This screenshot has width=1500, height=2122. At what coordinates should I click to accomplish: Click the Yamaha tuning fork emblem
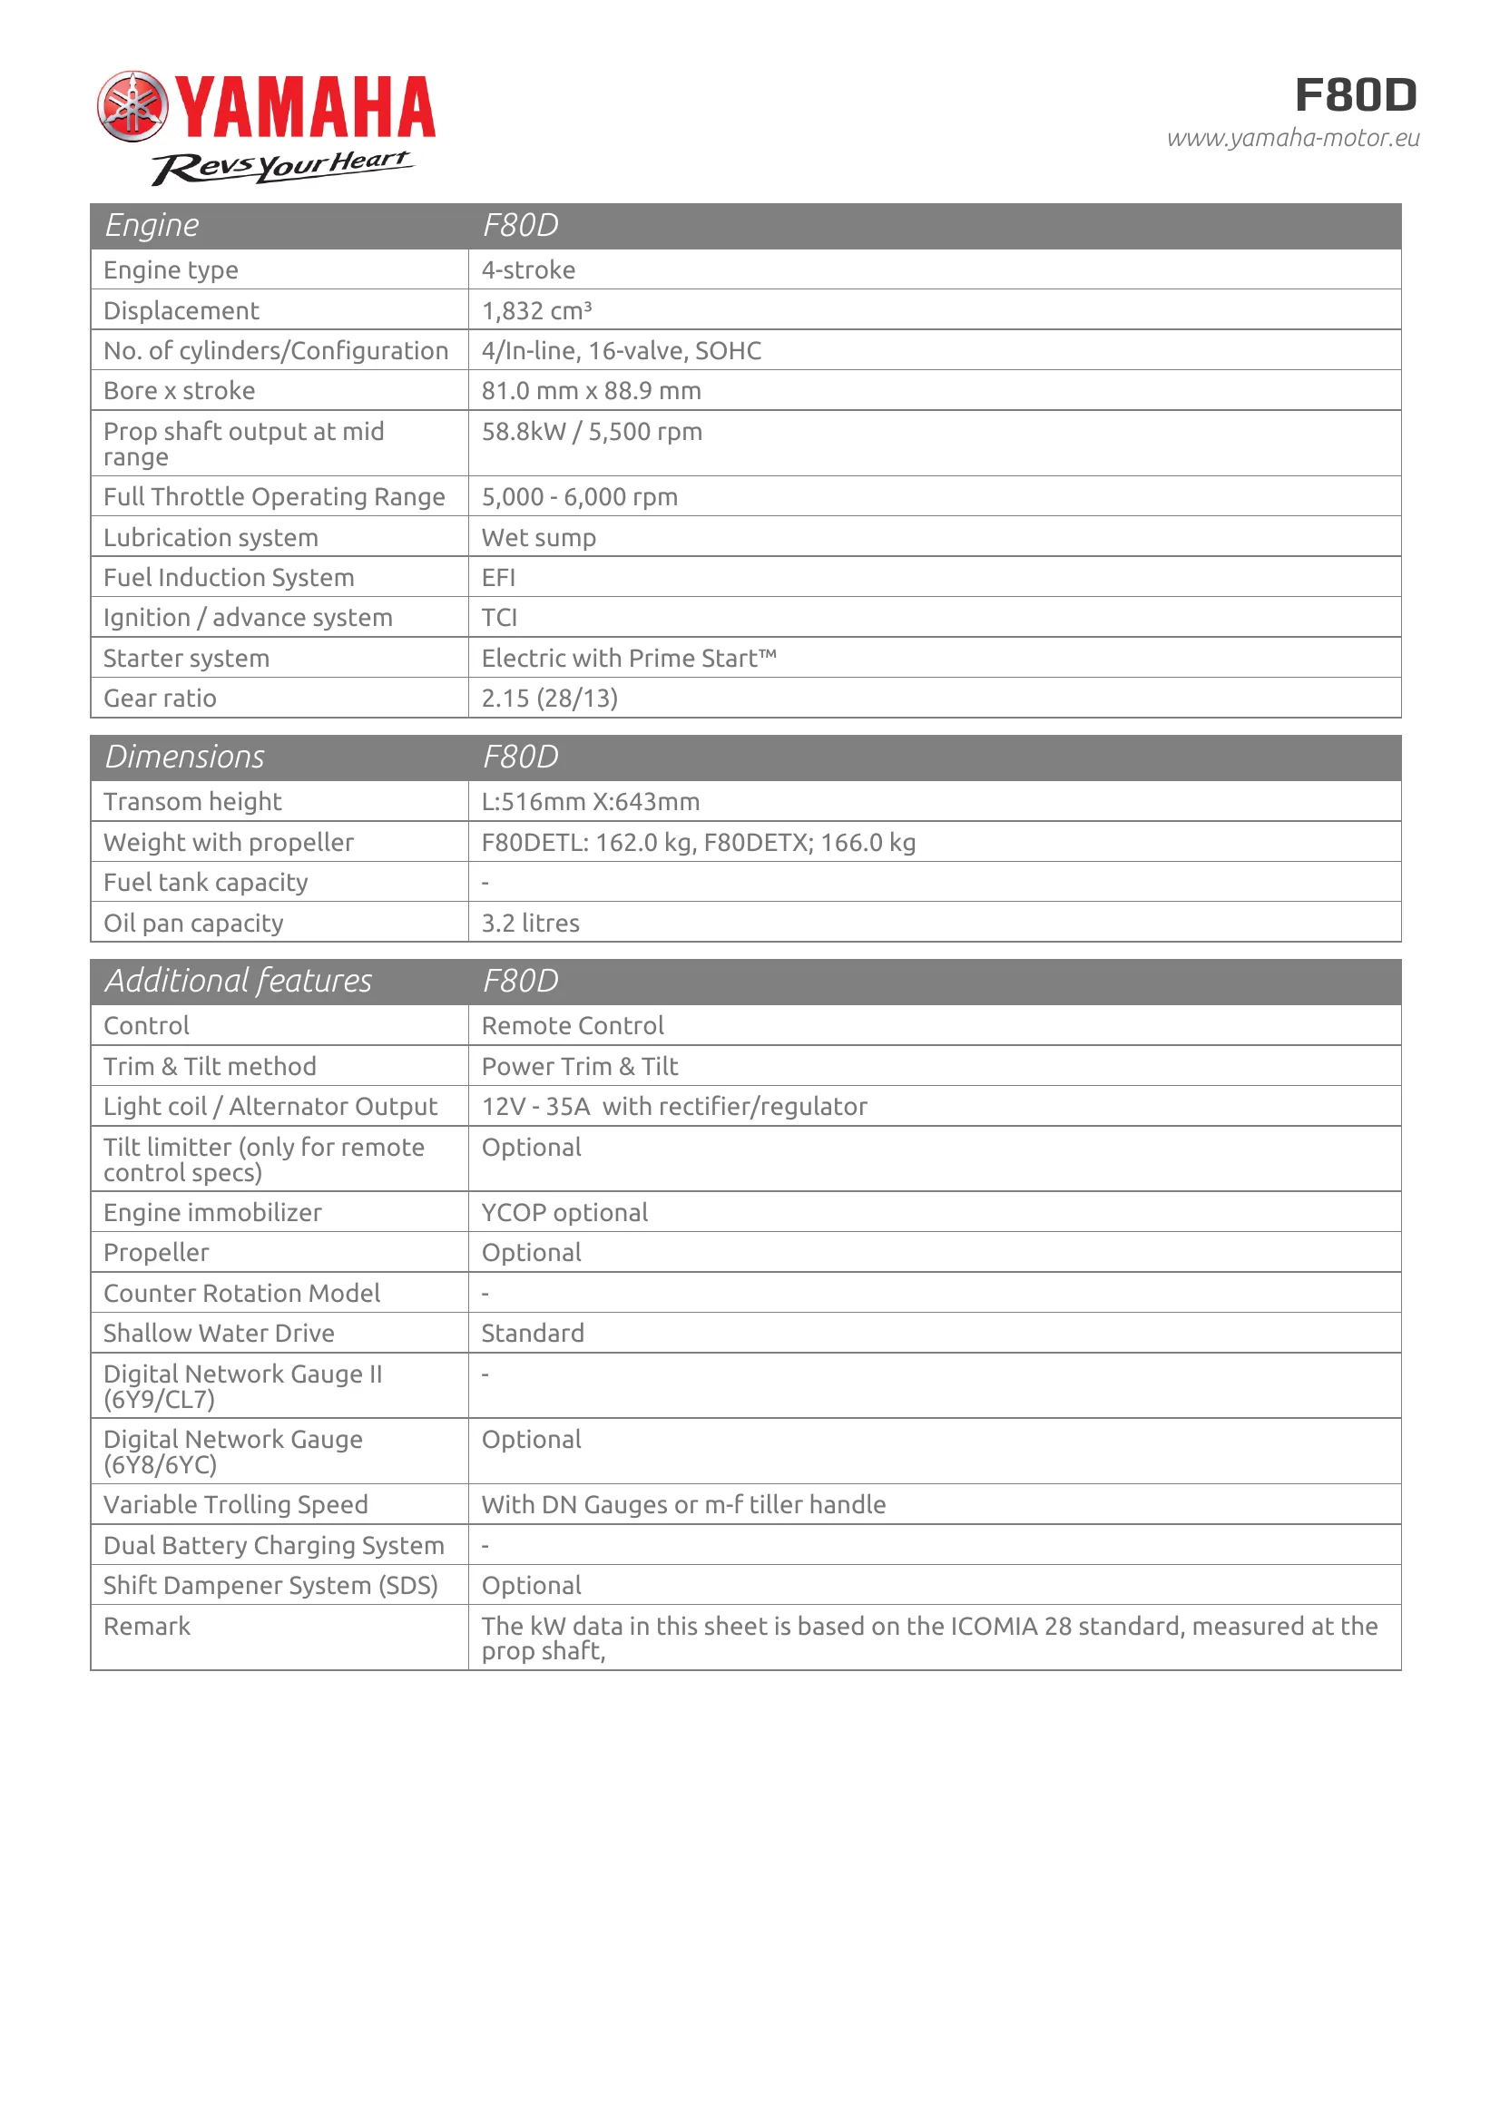(133, 106)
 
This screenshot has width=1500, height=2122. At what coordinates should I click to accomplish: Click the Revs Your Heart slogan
(283, 165)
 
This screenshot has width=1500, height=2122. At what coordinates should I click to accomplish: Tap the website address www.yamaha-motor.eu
(1292, 139)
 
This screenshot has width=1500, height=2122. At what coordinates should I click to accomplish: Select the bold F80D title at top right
(1355, 95)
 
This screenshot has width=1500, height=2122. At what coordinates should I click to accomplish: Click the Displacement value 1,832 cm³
(536, 310)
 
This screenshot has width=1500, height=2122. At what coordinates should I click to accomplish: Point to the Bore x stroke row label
(180, 391)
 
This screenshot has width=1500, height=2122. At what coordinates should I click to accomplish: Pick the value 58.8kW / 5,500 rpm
(592, 432)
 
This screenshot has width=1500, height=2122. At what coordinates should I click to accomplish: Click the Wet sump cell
(539, 537)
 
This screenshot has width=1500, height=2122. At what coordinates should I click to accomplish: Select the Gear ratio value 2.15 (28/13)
(550, 698)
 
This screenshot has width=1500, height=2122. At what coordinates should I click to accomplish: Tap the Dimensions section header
(185, 757)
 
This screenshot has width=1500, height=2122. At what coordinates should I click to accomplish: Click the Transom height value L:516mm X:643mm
(591, 801)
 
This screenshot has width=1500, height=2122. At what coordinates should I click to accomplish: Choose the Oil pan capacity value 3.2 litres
(531, 923)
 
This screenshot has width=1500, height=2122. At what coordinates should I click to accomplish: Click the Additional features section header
(239, 981)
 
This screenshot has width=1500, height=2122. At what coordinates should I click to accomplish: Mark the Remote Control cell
(573, 1026)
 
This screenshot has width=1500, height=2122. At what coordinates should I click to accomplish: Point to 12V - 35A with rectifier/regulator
(674, 1106)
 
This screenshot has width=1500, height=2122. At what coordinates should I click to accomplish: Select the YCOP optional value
(564, 1213)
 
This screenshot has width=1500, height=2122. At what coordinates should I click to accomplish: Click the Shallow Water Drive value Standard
(534, 1333)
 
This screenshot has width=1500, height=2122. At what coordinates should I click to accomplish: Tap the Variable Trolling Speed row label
(236, 1504)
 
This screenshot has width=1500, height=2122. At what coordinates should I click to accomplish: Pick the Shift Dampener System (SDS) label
(270, 1585)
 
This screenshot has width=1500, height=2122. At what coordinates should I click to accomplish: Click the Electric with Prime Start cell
(629, 658)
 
